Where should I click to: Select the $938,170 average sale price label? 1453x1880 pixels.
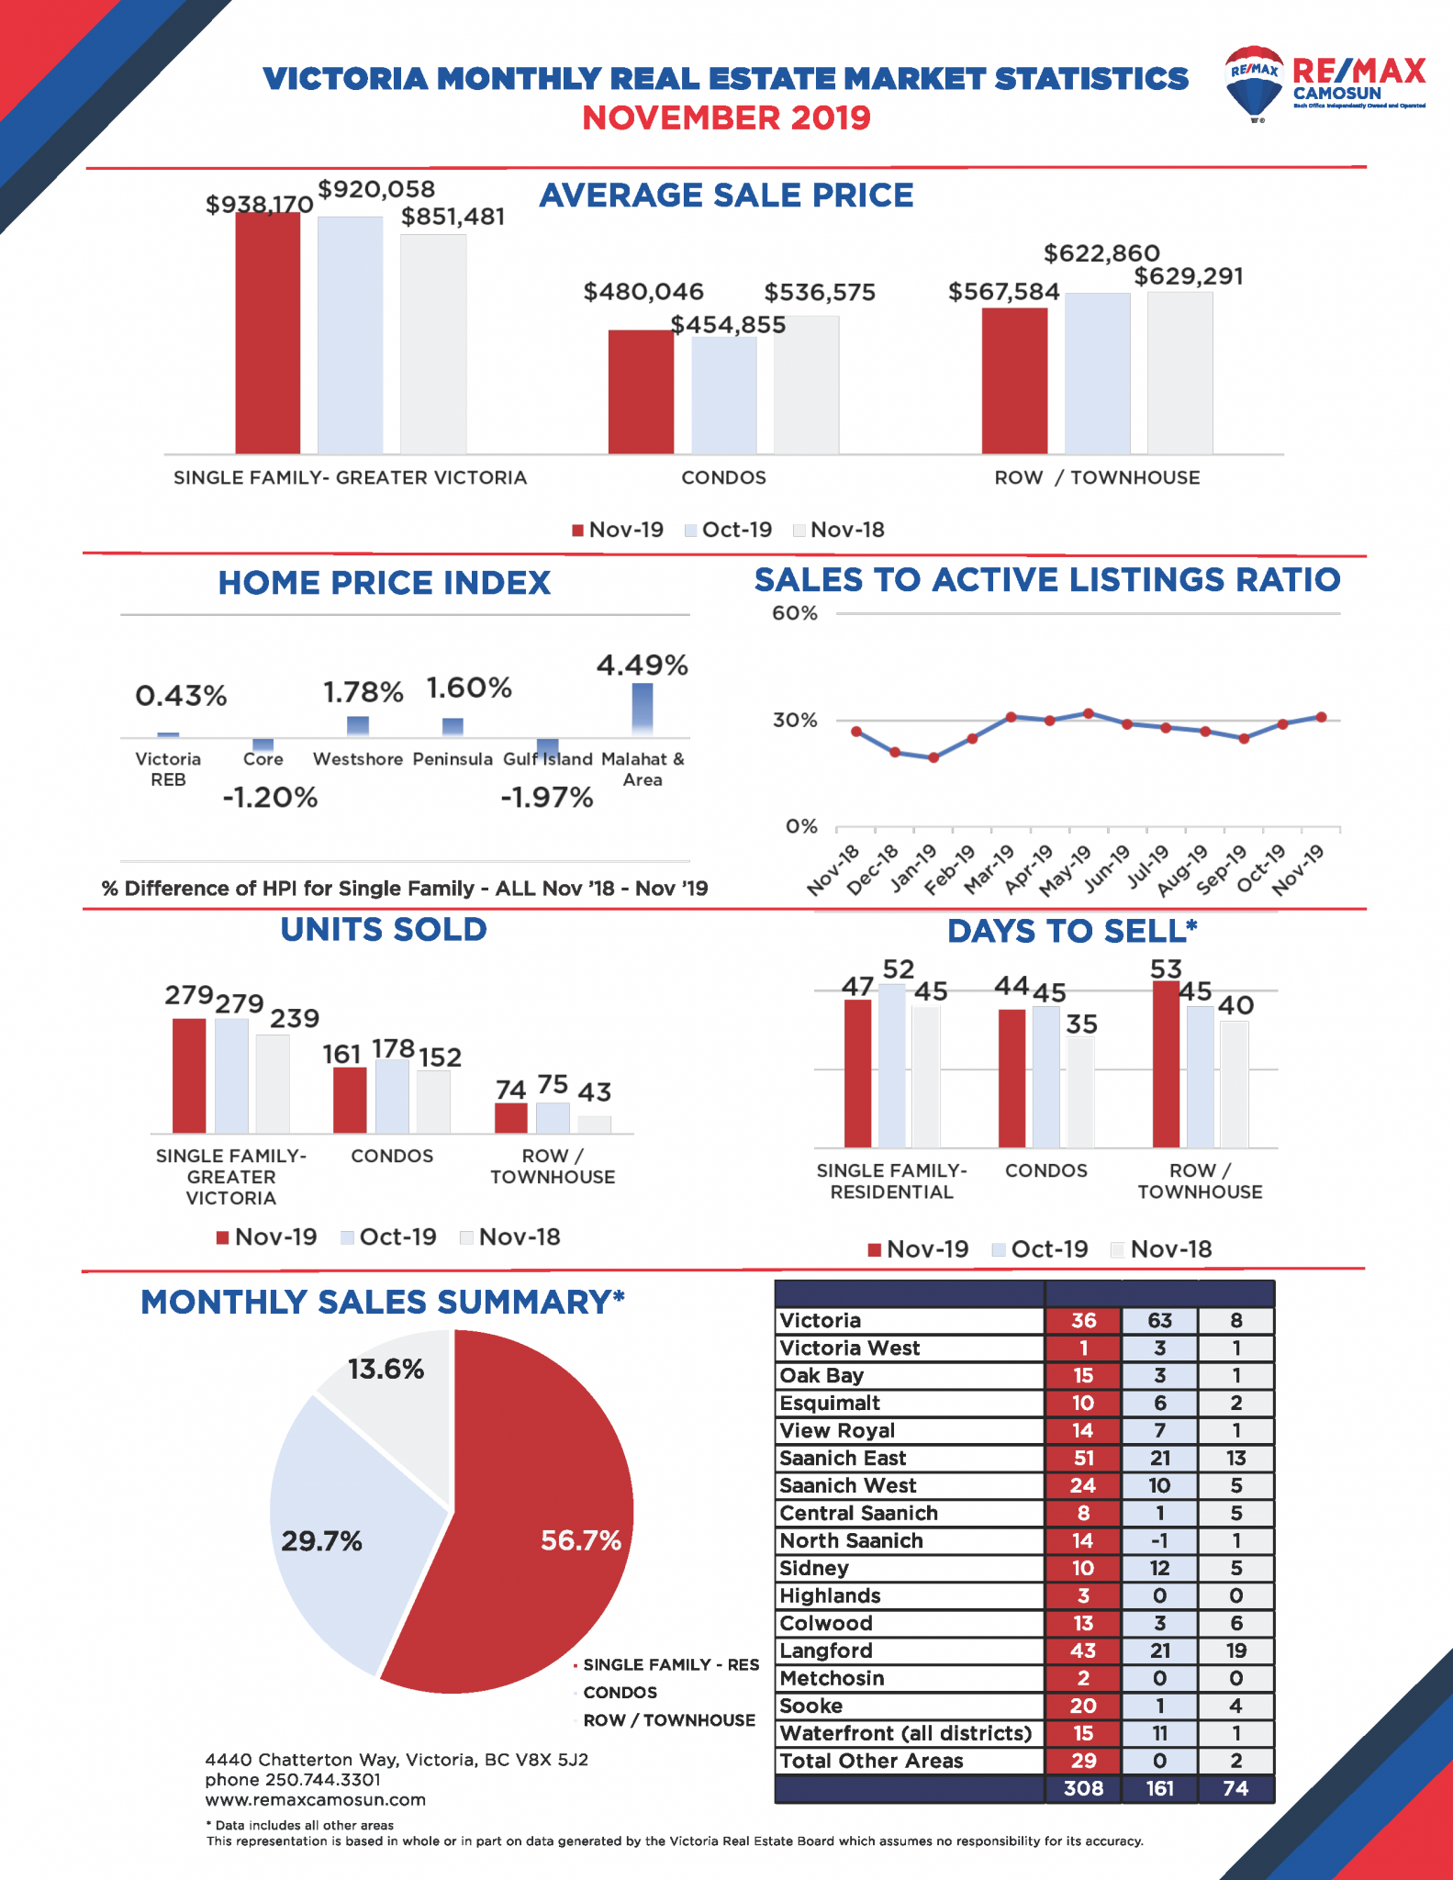point(259,204)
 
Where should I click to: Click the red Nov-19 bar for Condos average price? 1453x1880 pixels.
point(641,392)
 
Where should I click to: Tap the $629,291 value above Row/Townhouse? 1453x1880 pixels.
point(1189,276)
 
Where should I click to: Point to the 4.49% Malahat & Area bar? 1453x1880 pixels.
point(643,709)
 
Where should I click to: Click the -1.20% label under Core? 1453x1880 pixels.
point(270,797)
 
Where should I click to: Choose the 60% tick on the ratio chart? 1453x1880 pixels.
point(794,613)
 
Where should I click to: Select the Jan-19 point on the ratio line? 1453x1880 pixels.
point(933,757)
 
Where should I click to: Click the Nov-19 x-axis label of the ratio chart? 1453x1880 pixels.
point(1300,869)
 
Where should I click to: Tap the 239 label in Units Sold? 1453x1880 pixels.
point(295,1018)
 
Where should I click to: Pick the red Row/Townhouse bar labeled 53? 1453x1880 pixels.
point(1166,1064)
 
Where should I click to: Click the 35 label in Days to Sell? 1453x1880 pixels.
point(1082,1024)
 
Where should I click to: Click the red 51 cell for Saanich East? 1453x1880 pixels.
point(1083,1459)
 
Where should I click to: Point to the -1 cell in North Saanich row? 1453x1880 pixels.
point(1159,1541)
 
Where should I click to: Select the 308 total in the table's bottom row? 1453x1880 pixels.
point(1083,1789)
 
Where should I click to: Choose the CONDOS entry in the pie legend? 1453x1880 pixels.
point(620,1693)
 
